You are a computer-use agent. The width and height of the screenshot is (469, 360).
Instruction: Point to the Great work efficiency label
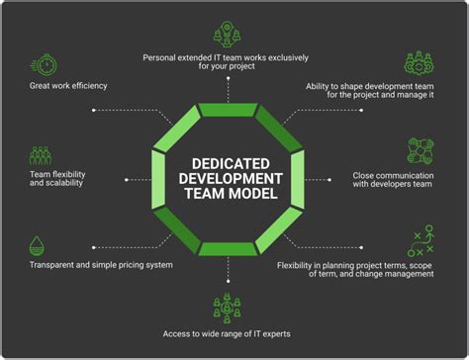point(68,86)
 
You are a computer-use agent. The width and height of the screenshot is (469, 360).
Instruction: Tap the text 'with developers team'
point(391,185)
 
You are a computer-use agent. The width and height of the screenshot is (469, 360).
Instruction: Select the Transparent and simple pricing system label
point(101,265)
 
